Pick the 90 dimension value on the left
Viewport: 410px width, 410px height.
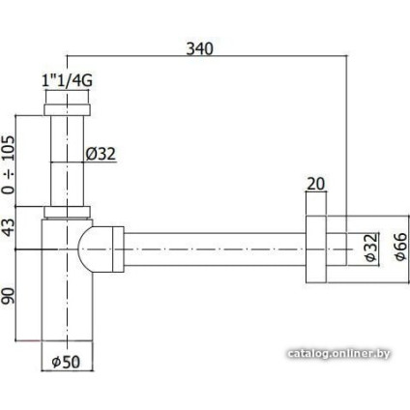(12, 294)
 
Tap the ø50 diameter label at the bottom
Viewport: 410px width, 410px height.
(67, 362)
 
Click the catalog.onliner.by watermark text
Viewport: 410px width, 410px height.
(338, 354)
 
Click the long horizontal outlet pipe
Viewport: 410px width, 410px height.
(213, 248)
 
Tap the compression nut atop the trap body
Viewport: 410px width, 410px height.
(67, 212)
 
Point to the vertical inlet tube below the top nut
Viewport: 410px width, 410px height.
(67, 160)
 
